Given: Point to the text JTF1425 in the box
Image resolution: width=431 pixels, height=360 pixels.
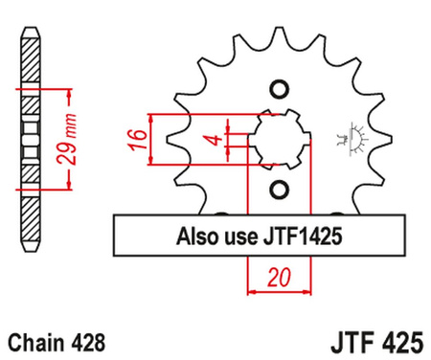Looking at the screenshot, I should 297,233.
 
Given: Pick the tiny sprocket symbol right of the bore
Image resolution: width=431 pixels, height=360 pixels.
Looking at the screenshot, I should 349,139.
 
